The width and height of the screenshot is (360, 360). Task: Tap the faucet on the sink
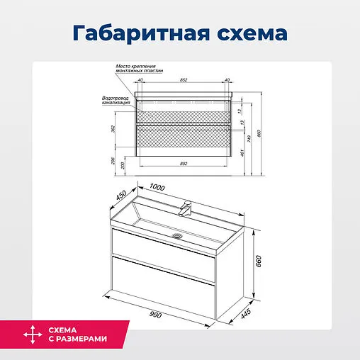187,208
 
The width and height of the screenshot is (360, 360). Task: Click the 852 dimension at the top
184,80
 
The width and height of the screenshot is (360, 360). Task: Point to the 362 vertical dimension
113,129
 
